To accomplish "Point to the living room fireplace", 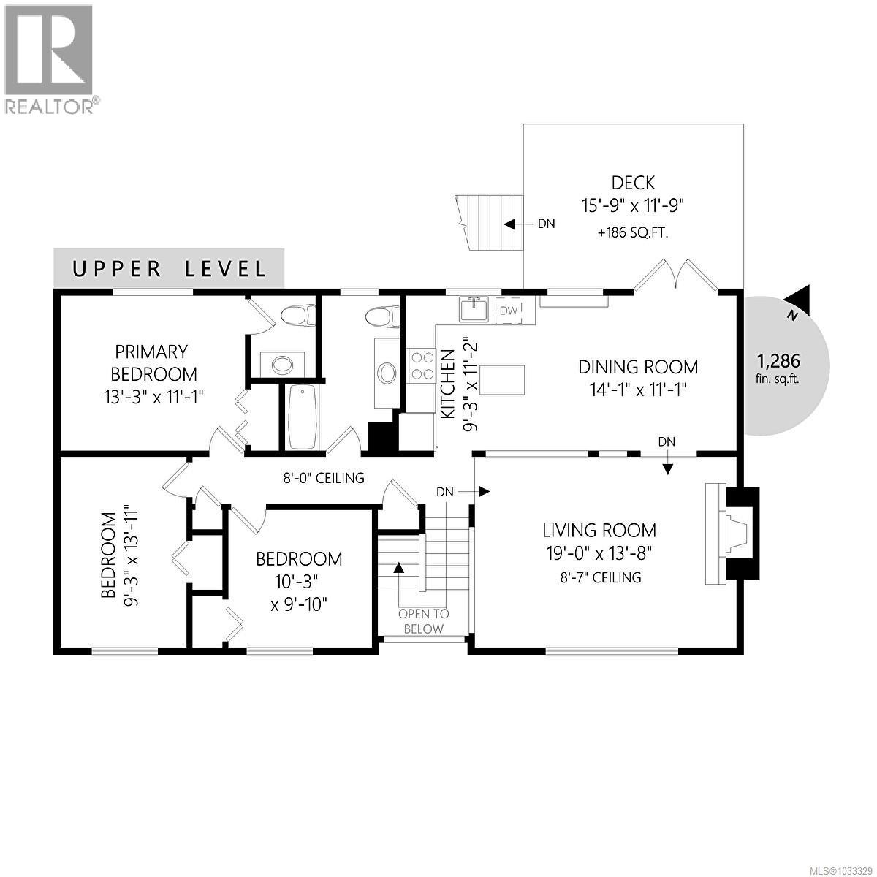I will click(731, 533).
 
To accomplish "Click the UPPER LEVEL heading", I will click(170, 268).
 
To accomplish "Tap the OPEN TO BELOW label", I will click(423, 621).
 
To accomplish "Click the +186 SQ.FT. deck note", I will click(633, 233).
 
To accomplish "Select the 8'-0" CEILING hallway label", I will click(324, 478).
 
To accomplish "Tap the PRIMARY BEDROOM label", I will click(153, 362).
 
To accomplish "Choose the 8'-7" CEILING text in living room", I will click(598, 577).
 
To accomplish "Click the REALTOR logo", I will click(50, 58).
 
